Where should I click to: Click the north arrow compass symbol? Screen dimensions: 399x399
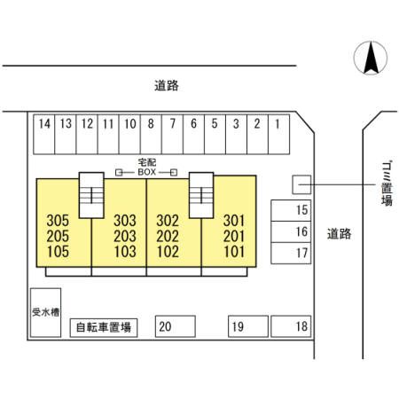[x=371, y=58]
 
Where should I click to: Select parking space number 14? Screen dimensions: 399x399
[x=44, y=134]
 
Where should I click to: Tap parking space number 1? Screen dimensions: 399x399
[x=278, y=134]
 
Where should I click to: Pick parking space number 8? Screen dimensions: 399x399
[x=151, y=134]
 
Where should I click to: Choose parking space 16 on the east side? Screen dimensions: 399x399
[x=291, y=231]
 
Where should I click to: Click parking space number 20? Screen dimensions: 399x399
[x=176, y=326]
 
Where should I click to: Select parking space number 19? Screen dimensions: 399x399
[x=248, y=326]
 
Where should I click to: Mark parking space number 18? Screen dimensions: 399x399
[x=291, y=326]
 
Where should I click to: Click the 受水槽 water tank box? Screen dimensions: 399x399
[x=46, y=313]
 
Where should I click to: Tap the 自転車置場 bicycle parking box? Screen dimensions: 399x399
[x=104, y=328]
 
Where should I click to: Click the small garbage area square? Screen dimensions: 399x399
[x=301, y=184]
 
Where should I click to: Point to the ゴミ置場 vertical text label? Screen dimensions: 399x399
[x=387, y=184]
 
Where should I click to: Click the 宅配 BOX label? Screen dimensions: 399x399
[x=147, y=167]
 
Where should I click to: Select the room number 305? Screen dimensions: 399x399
[x=58, y=221]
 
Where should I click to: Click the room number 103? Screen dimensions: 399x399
[x=125, y=252]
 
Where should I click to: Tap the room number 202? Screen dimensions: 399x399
[x=168, y=236]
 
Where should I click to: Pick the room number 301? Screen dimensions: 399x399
[x=234, y=221]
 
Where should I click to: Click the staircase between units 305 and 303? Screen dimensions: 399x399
[x=91, y=195]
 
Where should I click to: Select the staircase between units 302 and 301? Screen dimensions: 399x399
[x=201, y=195]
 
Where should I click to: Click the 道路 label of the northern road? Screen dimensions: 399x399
[x=167, y=85]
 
